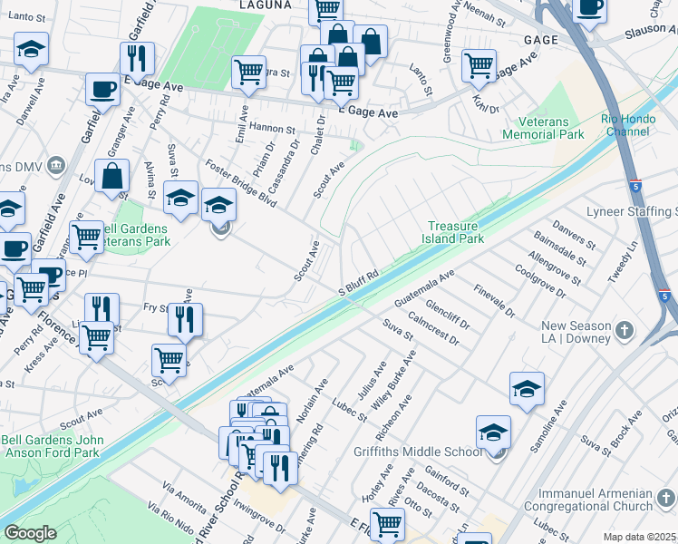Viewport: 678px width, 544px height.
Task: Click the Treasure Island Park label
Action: coord(456,233)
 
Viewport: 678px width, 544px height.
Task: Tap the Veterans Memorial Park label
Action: coord(551,128)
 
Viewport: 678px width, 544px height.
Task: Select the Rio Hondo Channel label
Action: coord(625,125)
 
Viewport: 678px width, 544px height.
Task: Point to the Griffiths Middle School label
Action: coord(419,452)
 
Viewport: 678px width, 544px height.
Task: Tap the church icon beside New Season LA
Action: coord(625,332)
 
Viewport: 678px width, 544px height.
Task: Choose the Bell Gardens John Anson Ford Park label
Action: coord(51,446)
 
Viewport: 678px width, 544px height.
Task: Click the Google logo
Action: coord(30,533)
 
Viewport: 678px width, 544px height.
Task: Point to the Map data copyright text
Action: coord(640,537)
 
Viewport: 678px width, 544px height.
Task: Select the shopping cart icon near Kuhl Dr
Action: coord(479,65)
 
